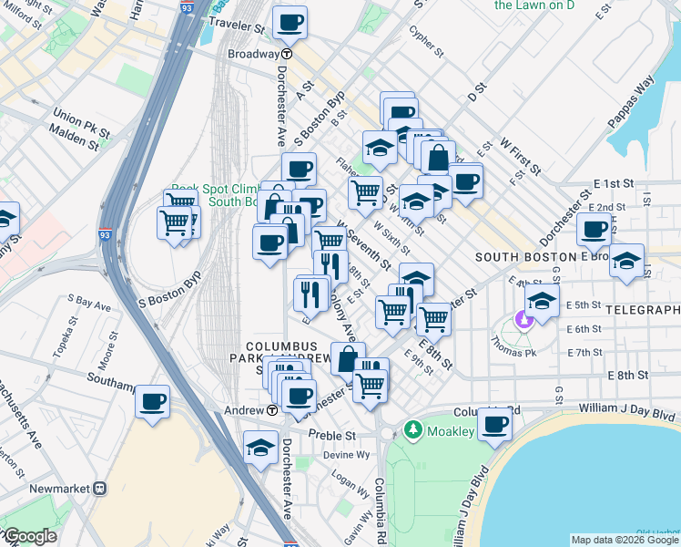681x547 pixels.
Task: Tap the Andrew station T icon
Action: (272, 411)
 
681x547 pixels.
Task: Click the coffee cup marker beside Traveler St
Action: (290, 23)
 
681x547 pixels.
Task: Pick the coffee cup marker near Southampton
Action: (153, 401)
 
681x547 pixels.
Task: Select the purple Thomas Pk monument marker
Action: (523, 319)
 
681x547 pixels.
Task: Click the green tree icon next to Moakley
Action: (412, 428)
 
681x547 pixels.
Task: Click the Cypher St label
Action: (424, 36)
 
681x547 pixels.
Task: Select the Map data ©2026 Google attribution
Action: (624, 540)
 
